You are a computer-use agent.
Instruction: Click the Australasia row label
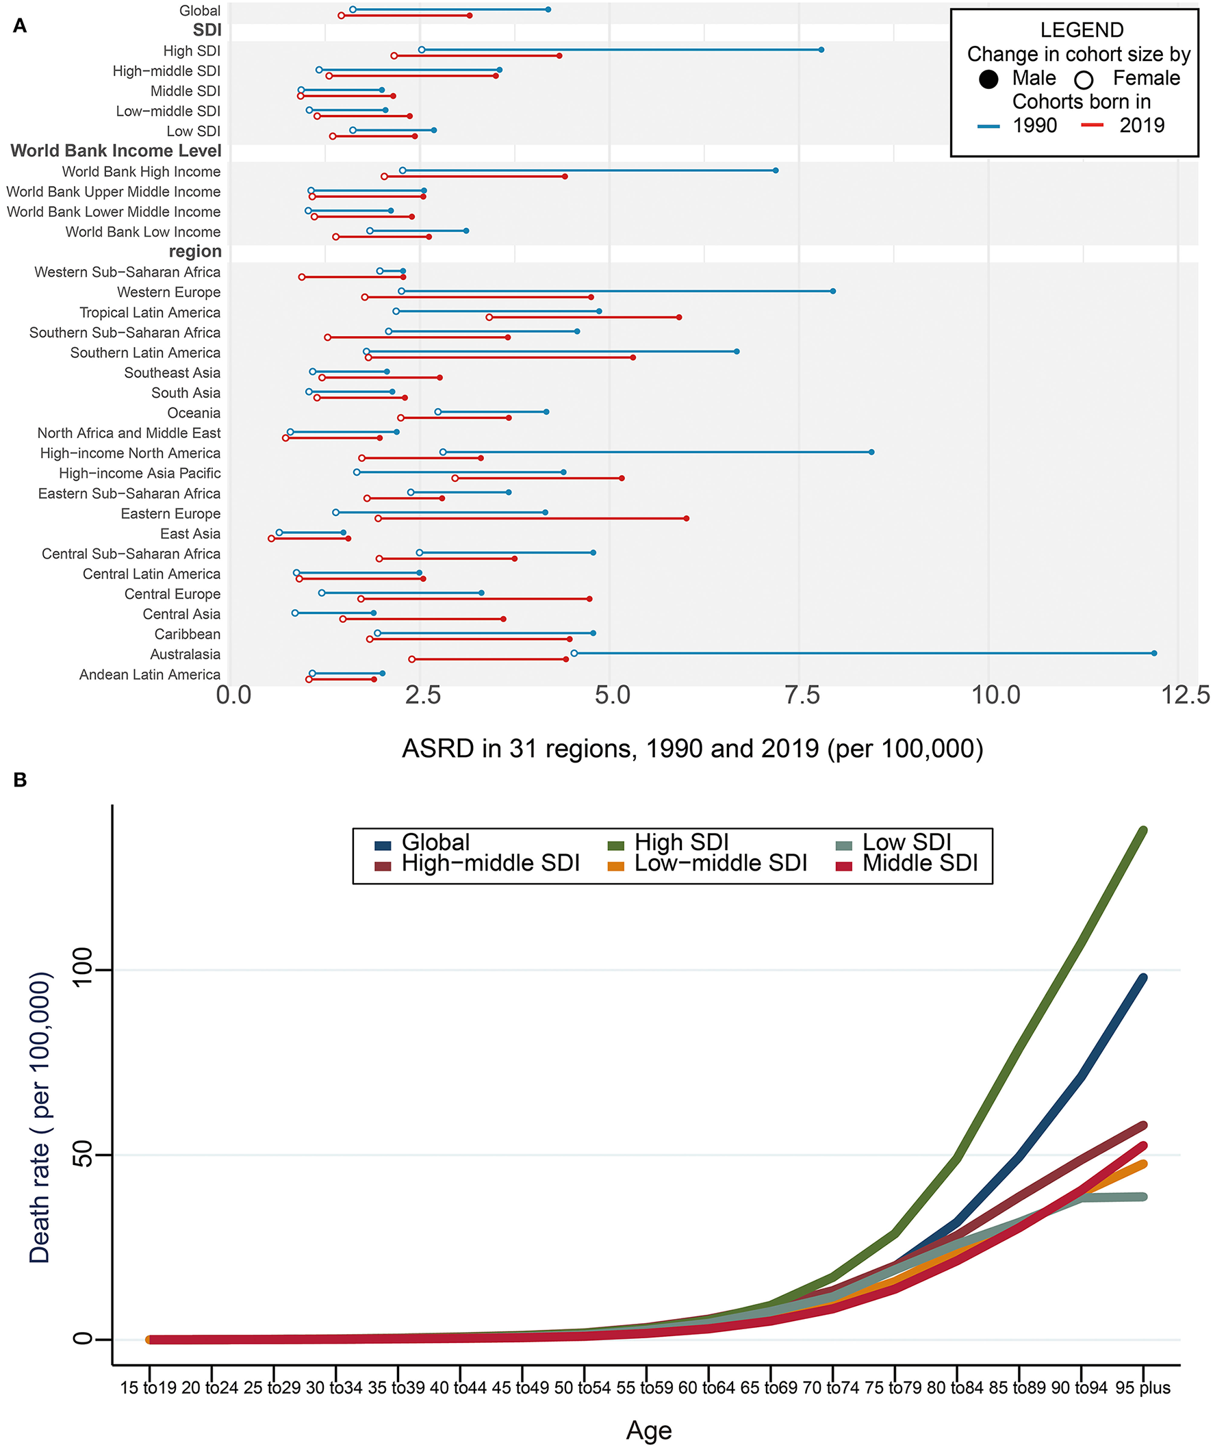186,654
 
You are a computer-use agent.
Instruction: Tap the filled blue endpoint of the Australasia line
1153,653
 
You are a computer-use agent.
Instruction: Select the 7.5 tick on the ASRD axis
802,695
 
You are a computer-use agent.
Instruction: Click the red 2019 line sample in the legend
1093,125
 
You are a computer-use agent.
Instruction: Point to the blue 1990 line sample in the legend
988,125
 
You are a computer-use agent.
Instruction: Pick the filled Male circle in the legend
988,79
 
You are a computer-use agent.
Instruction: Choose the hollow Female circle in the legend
1084,80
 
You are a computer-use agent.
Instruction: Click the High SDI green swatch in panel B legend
615,845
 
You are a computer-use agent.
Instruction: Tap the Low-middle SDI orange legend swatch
615,865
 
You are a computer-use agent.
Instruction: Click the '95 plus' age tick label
1142,1387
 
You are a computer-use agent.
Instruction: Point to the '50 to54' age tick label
583,1387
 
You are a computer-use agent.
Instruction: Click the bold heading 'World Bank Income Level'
116,151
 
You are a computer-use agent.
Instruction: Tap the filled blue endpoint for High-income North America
871,452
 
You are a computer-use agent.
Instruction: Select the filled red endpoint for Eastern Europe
687,518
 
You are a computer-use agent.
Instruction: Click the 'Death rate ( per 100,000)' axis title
40,1117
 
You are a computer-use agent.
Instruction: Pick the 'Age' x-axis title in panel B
648,1430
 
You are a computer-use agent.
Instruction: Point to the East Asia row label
190,533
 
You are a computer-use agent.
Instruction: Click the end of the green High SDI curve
1143,831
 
